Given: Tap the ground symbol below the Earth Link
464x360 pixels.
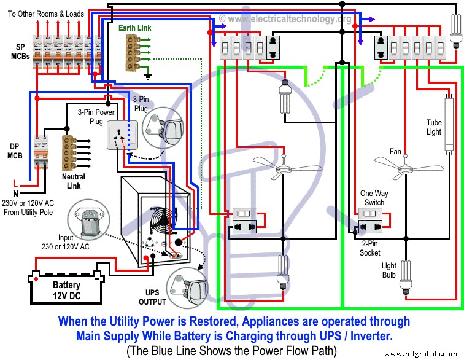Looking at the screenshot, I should click(x=147, y=76).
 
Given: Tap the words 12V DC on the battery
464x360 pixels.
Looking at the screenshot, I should click(x=66, y=295).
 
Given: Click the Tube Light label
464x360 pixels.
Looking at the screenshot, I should click(x=434, y=127).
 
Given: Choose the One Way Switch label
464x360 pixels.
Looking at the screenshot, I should click(x=372, y=198).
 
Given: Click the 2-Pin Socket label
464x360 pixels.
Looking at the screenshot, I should click(x=370, y=249).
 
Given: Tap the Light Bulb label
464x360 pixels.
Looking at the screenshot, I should click(x=389, y=270).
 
